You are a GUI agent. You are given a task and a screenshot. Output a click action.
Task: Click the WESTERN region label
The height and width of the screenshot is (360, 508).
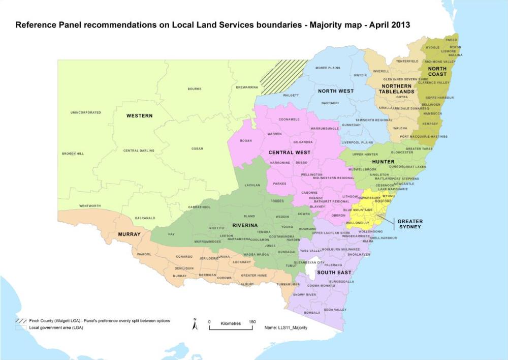[139, 116]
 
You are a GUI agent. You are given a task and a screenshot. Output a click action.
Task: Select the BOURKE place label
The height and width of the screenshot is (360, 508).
[195, 88]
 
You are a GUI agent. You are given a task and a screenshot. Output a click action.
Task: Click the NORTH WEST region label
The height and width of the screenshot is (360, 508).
[336, 91]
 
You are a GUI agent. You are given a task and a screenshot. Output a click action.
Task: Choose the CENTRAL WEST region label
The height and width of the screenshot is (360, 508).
[290, 153]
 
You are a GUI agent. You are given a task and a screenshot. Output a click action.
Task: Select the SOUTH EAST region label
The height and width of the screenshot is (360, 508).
[334, 273]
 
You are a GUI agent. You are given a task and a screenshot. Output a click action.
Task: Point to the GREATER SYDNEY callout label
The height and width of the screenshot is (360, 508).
[410, 224]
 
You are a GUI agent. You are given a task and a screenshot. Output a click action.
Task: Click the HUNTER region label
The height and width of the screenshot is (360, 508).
[383, 162]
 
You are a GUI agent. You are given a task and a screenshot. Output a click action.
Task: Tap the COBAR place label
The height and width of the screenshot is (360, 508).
[197, 148]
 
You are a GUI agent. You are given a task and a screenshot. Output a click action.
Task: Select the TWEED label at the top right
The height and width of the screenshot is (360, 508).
[451, 39]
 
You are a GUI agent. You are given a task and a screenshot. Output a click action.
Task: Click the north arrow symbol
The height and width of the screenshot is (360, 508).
[195, 324]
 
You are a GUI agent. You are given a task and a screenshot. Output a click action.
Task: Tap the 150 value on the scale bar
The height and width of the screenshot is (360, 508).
[252, 322]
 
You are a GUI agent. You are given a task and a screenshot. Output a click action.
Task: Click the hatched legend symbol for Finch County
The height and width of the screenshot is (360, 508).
[21, 321]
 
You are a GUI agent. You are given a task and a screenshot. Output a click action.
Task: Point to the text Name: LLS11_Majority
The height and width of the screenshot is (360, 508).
[286, 328]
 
